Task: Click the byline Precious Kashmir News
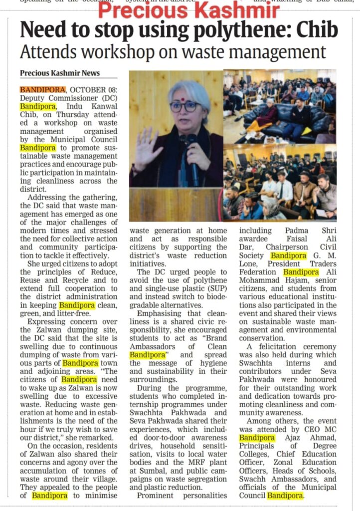pyautogui.click(x=60, y=73)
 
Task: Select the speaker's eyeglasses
pyautogui.click(x=184, y=106)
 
